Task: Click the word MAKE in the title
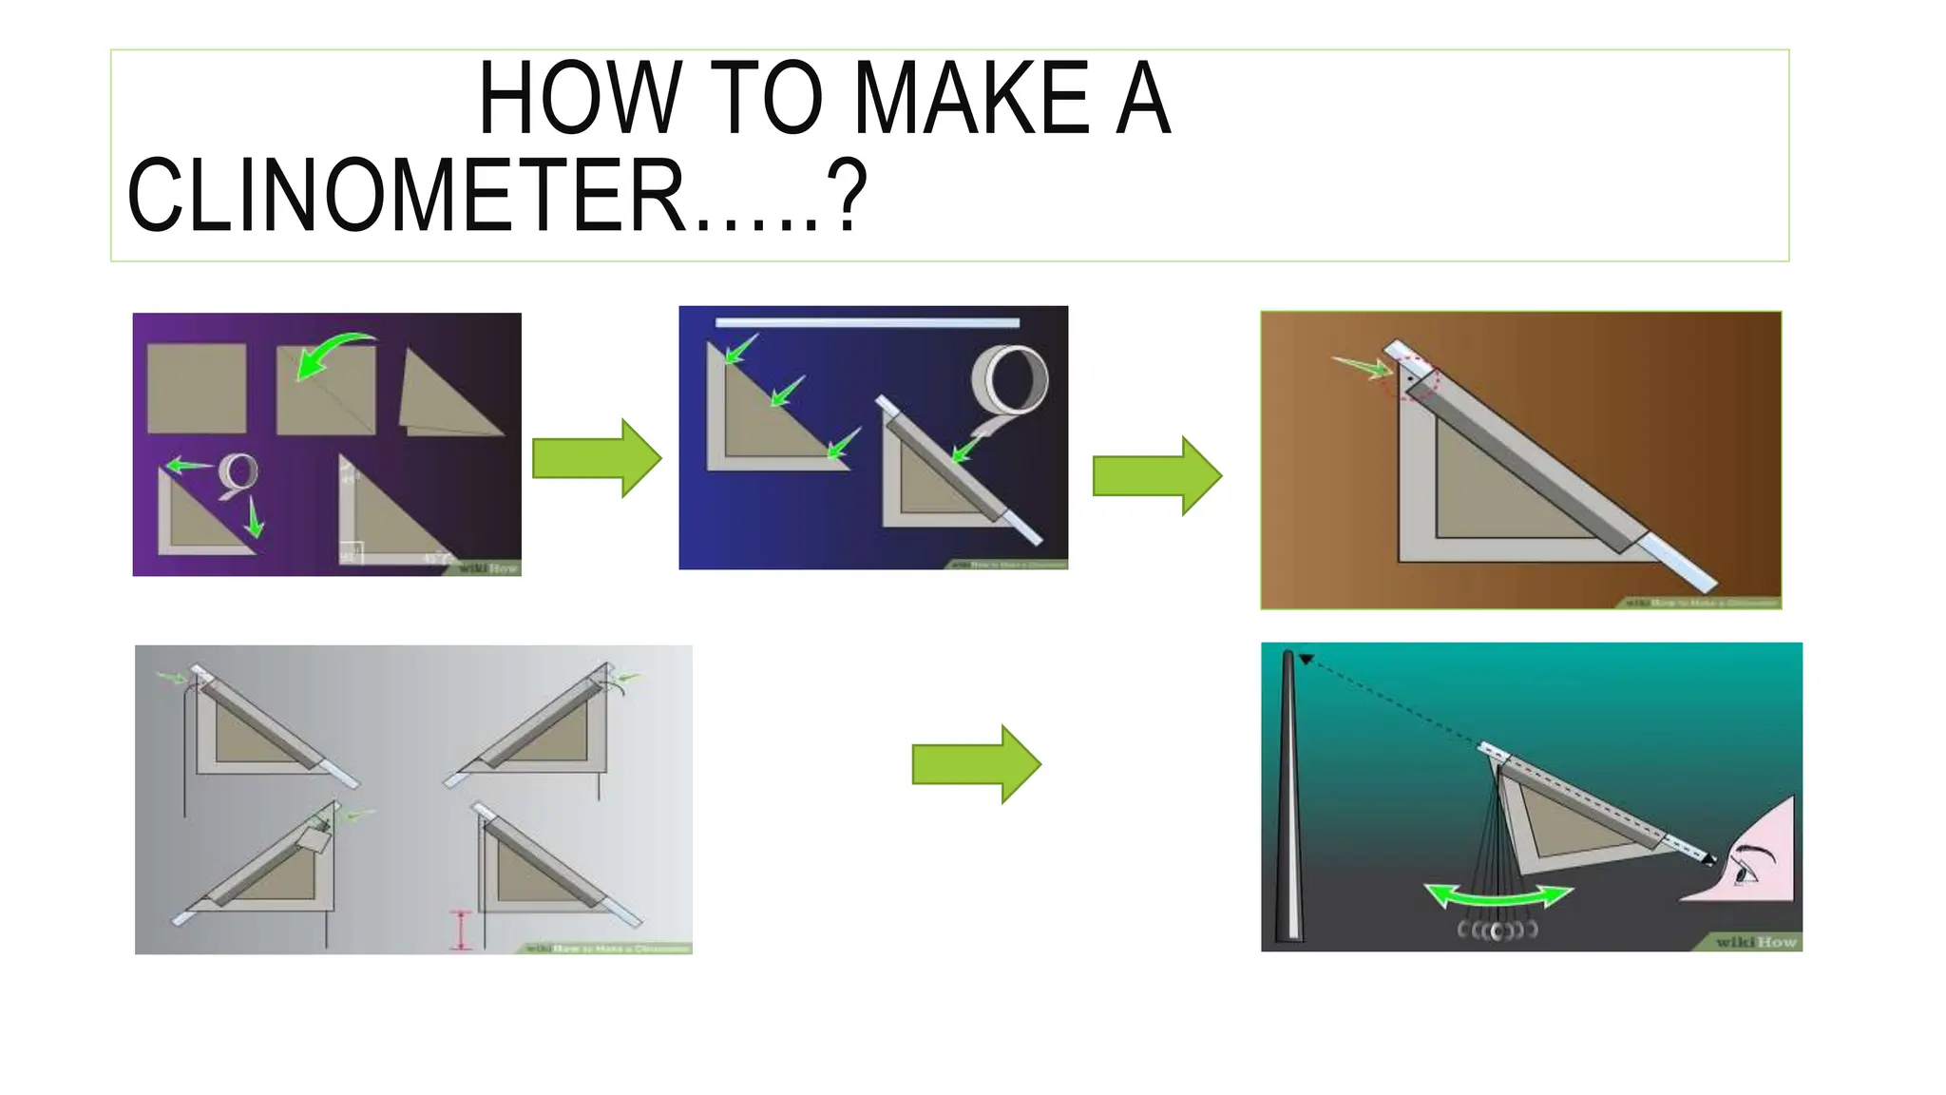pos(971,98)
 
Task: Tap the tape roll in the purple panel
pos(238,472)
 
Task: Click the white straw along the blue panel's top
pos(867,323)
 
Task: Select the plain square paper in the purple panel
pos(197,389)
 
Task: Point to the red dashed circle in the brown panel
pos(1417,377)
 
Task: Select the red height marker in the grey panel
pos(461,931)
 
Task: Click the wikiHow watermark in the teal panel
pos(1754,941)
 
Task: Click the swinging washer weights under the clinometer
pos(1498,930)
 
